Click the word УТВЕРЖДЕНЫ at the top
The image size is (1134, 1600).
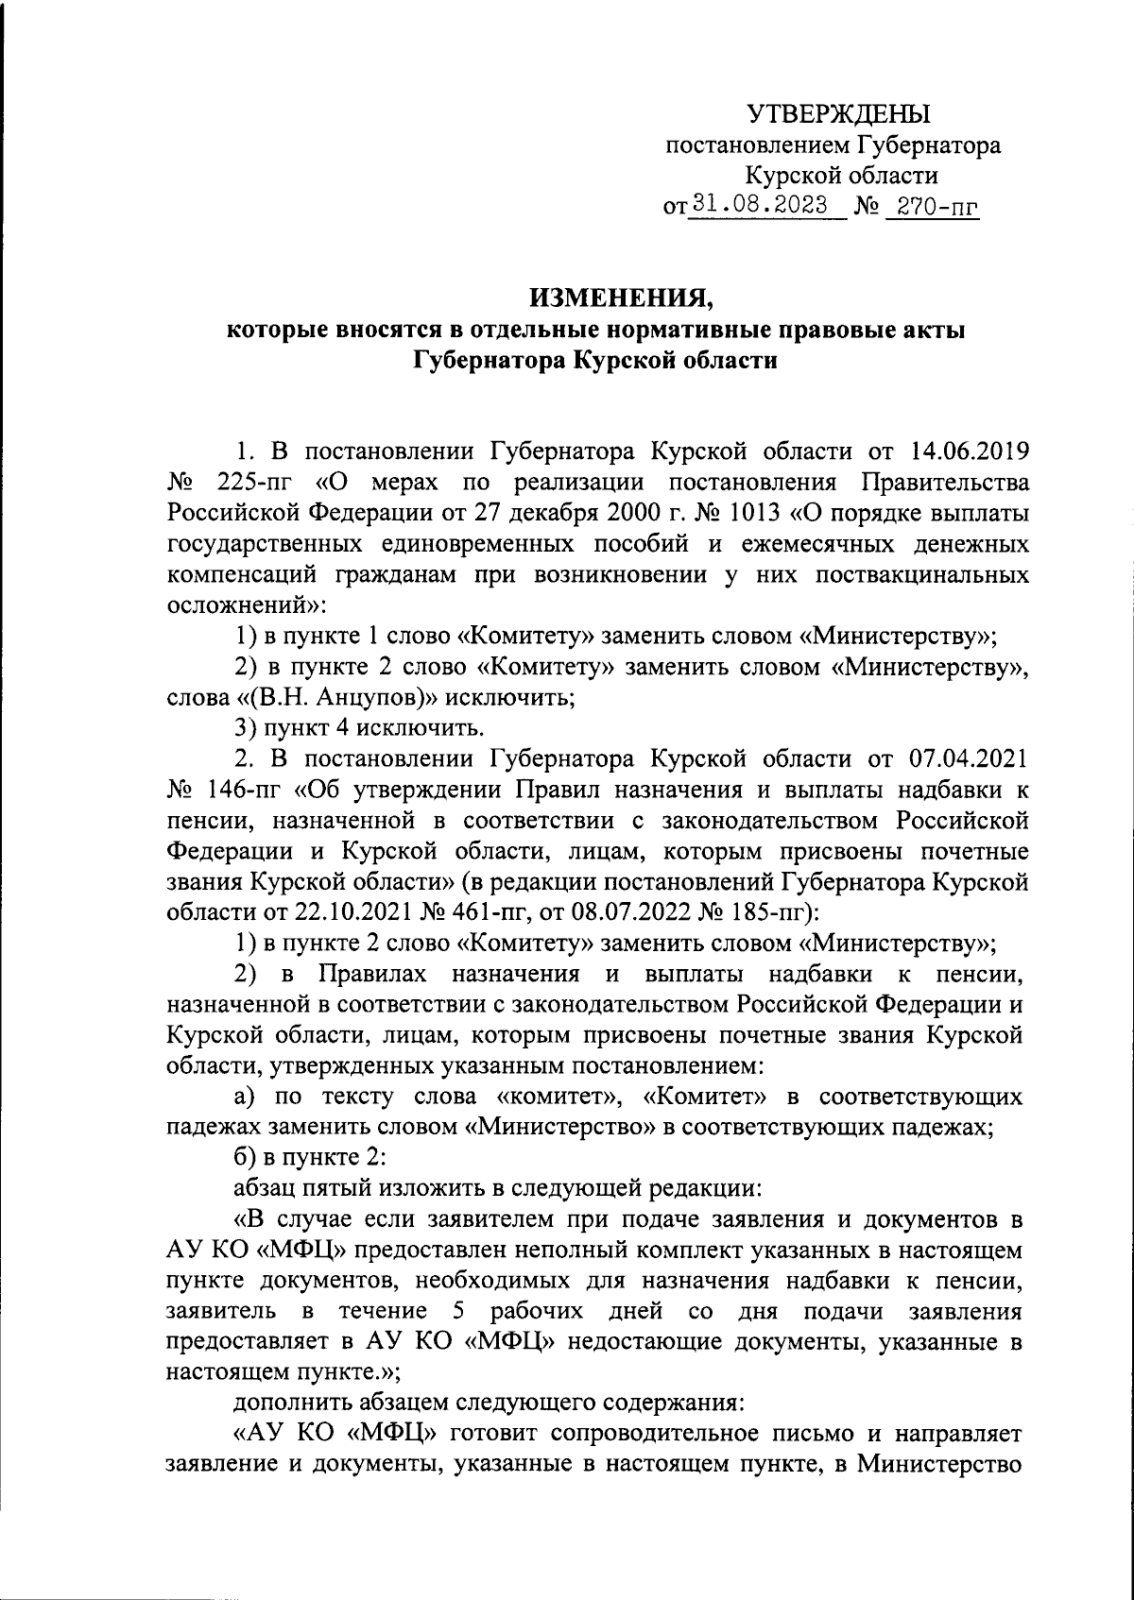pos(839,116)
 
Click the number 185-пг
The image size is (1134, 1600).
pos(759,912)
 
